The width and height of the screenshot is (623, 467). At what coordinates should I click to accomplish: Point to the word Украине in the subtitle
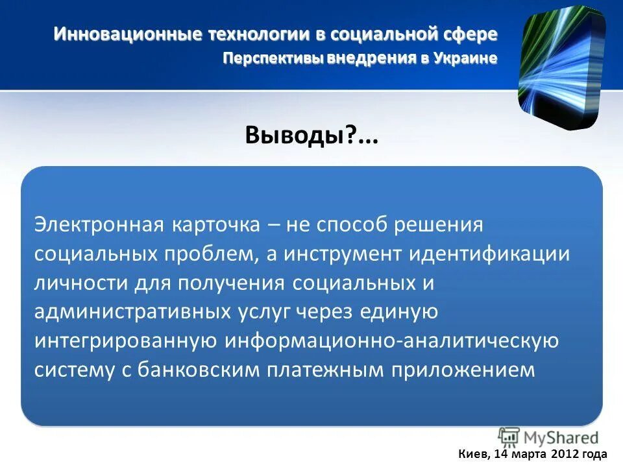pyautogui.click(x=465, y=58)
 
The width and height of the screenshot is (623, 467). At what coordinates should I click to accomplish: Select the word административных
pyautogui.click(x=130, y=312)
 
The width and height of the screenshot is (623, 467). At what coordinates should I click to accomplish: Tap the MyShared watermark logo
pyautogui.click(x=548, y=437)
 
